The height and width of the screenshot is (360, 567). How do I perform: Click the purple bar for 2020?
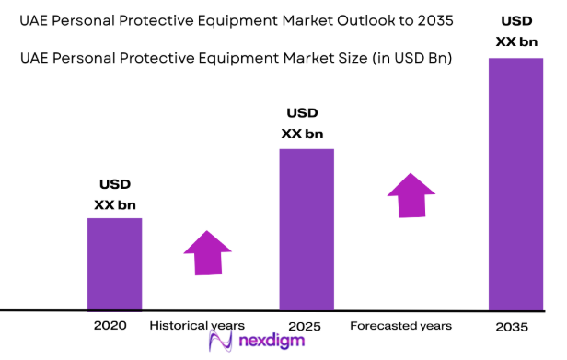pyautogui.click(x=114, y=263)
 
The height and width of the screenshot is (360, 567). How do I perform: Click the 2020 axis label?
pyautogui.click(x=110, y=325)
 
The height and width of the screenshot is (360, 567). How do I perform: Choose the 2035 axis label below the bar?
pyautogui.click(x=513, y=326)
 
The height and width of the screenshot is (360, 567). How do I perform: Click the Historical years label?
pyautogui.click(x=197, y=325)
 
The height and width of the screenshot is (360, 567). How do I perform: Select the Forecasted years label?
pyautogui.click(x=400, y=325)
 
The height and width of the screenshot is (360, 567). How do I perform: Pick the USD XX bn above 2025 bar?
pyautogui.click(x=302, y=123)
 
